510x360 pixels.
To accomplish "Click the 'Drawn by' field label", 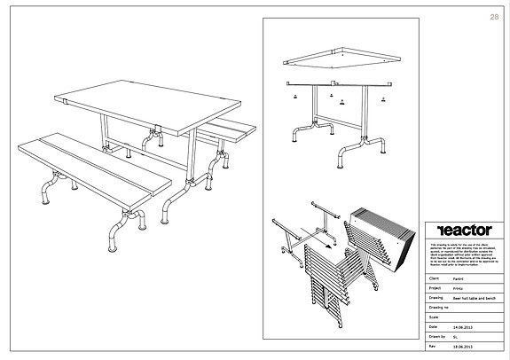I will coord(435,338).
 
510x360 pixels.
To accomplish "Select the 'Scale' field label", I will coord(433,317).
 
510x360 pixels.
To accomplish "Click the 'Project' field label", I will coord(434,288).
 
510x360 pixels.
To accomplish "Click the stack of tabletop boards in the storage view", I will coord(381,235).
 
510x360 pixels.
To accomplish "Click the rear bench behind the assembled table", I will coord(234,129).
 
